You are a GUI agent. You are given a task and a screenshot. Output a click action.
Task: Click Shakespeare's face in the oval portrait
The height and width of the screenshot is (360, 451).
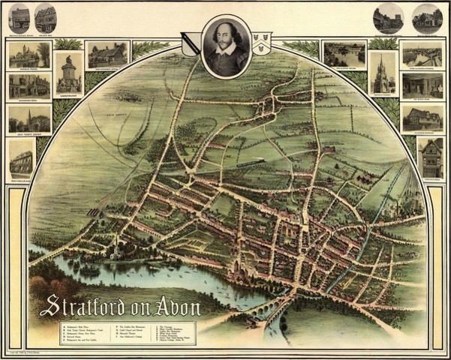point(227,37)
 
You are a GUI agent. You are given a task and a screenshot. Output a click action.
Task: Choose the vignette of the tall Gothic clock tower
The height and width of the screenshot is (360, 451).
point(383,72)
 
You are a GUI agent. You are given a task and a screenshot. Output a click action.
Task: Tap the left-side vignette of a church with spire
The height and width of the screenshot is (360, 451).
point(29,119)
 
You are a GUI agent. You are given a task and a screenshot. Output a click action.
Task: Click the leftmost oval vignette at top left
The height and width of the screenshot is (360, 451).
point(19,16)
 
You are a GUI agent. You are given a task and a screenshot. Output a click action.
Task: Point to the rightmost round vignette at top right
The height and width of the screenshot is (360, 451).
point(426,16)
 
